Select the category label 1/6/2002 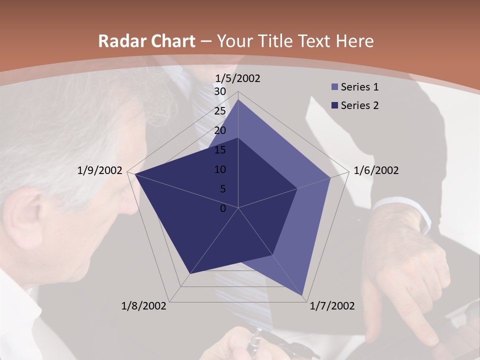point(376,170)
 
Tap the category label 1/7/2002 point(332,306)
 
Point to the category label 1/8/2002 point(144,306)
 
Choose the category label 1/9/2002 point(100,170)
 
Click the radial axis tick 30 point(220,91)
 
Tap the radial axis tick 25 point(220,111)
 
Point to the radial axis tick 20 point(220,130)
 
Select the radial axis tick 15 point(220,150)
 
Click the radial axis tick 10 point(220,169)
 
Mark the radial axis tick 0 point(223,208)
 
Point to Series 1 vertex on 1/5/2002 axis point(238,99)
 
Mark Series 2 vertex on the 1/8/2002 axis point(189,273)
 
